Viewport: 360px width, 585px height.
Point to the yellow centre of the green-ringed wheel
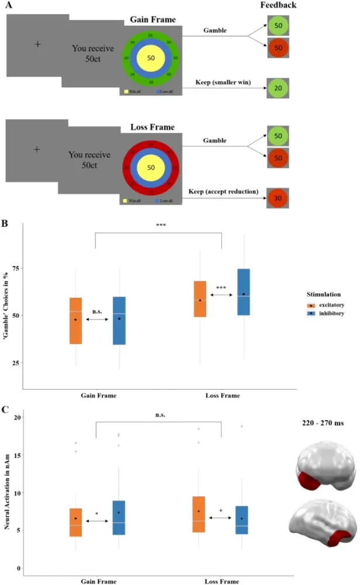pos(152,58)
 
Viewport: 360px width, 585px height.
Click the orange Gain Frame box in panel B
pos(76,321)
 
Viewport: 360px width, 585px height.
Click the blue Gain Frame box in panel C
pos(119,518)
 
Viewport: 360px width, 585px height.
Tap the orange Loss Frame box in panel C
pos(199,514)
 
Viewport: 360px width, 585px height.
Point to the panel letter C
pos(5,410)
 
